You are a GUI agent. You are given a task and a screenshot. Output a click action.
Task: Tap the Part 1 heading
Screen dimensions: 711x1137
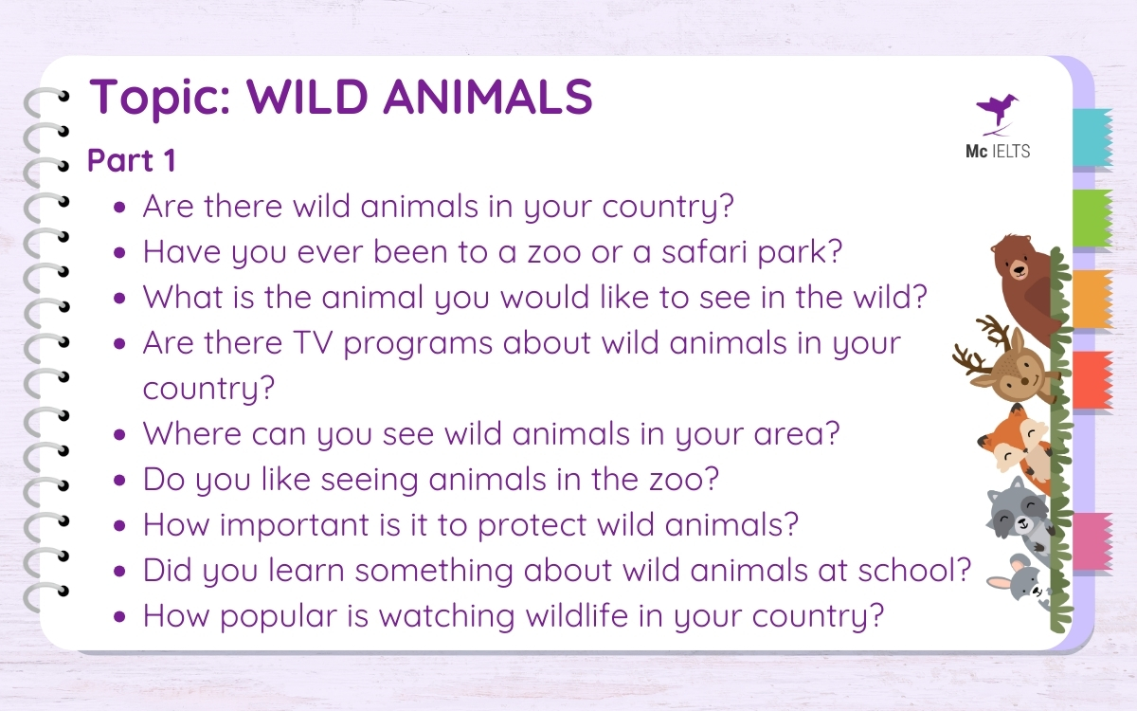pyautogui.click(x=132, y=160)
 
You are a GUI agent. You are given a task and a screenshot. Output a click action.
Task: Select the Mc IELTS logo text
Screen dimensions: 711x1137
pyautogui.click(x=996, y=152)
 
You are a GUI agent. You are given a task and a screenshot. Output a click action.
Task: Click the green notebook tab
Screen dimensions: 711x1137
pyautogui.click(x=1092, y=218)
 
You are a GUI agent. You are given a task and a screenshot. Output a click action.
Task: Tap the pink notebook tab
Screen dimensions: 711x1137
pyautogui.click(x=1092, y=540)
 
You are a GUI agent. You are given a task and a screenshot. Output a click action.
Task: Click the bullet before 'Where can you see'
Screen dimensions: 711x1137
pyautogui.click(x=119, y=435)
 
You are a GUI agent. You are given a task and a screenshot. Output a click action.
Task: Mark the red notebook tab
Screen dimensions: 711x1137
pyautogui.click(x=1092, y=379)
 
